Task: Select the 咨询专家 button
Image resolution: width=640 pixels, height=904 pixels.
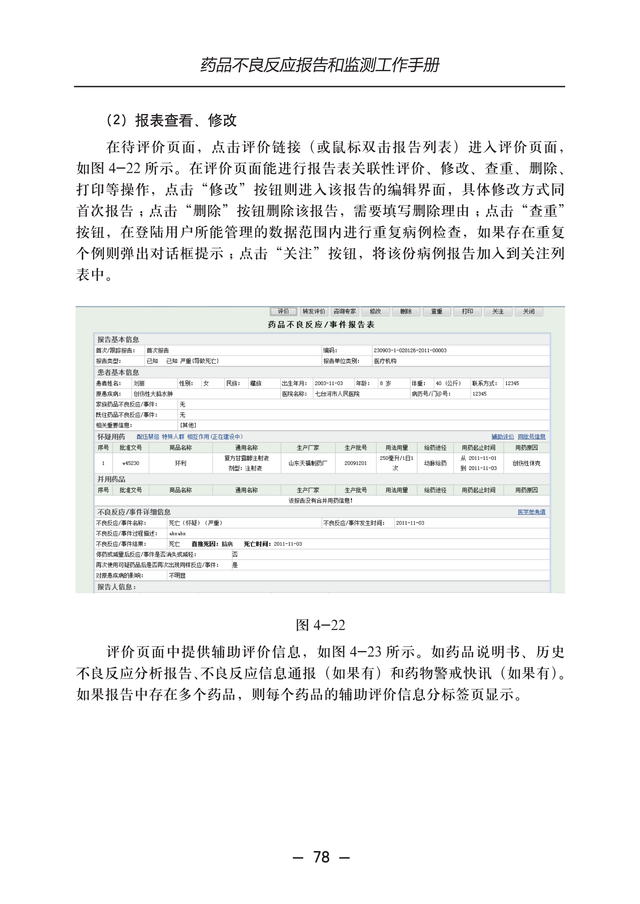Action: (344, 311)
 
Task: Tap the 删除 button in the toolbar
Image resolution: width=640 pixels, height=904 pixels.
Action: (406, 311)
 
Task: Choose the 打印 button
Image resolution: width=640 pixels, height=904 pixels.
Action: (467, 311)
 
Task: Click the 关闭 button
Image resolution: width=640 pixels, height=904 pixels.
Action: (528, 311)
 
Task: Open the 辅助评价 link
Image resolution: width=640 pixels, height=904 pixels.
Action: (503, 436)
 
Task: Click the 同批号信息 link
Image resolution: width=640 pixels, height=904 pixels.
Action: (531, 436)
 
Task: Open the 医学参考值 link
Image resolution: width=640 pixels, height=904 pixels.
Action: (531, 512)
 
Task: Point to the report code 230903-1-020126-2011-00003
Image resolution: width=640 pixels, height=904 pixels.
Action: (410, 350)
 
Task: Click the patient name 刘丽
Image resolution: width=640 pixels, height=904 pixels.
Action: (139, 383)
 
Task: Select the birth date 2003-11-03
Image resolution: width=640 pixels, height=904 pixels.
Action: (329, 383)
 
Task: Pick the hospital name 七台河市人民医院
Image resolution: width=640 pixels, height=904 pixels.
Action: (337, 394)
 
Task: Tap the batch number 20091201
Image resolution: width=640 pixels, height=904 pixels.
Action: (356, 463)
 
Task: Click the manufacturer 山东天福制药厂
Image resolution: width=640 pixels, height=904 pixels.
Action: (308, 463)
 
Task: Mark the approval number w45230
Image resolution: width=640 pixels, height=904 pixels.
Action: (130, 463)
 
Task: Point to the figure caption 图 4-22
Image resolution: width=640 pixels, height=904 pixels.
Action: (320, 625)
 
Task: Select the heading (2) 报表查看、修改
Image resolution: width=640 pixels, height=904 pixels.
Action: (172, 121)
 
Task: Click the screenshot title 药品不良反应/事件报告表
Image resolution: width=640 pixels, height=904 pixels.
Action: (321, 324)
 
